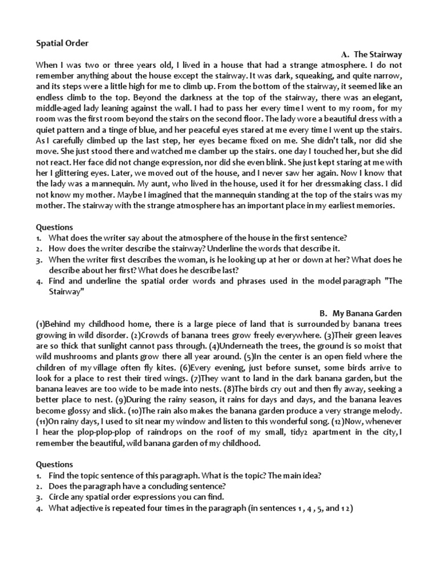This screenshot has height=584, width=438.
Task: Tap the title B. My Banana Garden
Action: (360, 313)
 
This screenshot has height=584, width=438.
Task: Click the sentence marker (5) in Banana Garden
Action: (249, 356)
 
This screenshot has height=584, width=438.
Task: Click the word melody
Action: (386, 411)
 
